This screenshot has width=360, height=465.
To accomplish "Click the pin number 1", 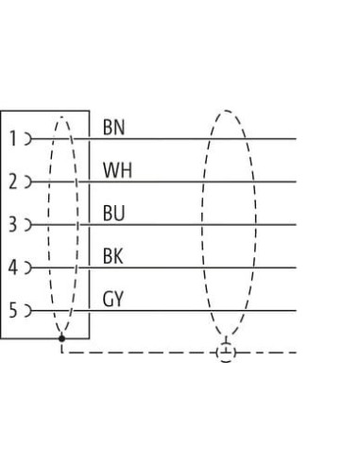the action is click(13, 139).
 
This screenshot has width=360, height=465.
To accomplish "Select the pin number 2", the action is click(13, 181).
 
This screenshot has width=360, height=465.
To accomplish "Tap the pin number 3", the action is click(13, 225).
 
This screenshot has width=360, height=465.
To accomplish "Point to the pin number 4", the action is click(13, 267).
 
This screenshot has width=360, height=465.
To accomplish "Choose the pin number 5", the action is click(13, 310).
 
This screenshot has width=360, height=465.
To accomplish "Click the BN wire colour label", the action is click(113, 128).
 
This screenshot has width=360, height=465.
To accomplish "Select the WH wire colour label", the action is click(117, 170).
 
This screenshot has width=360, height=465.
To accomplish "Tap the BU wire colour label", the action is click(113, 213).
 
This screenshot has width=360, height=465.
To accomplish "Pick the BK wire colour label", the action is click(112, 256).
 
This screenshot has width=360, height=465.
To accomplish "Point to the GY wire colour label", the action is click(113, 299).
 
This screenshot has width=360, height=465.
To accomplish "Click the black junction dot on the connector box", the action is click(61, 338).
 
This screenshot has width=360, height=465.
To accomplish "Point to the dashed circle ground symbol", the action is click(226, 353).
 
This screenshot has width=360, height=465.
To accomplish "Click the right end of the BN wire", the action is click(296, 139).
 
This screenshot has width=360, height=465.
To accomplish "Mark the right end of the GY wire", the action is click(296, 311).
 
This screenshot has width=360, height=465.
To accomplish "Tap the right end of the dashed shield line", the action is click(296, 353).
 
